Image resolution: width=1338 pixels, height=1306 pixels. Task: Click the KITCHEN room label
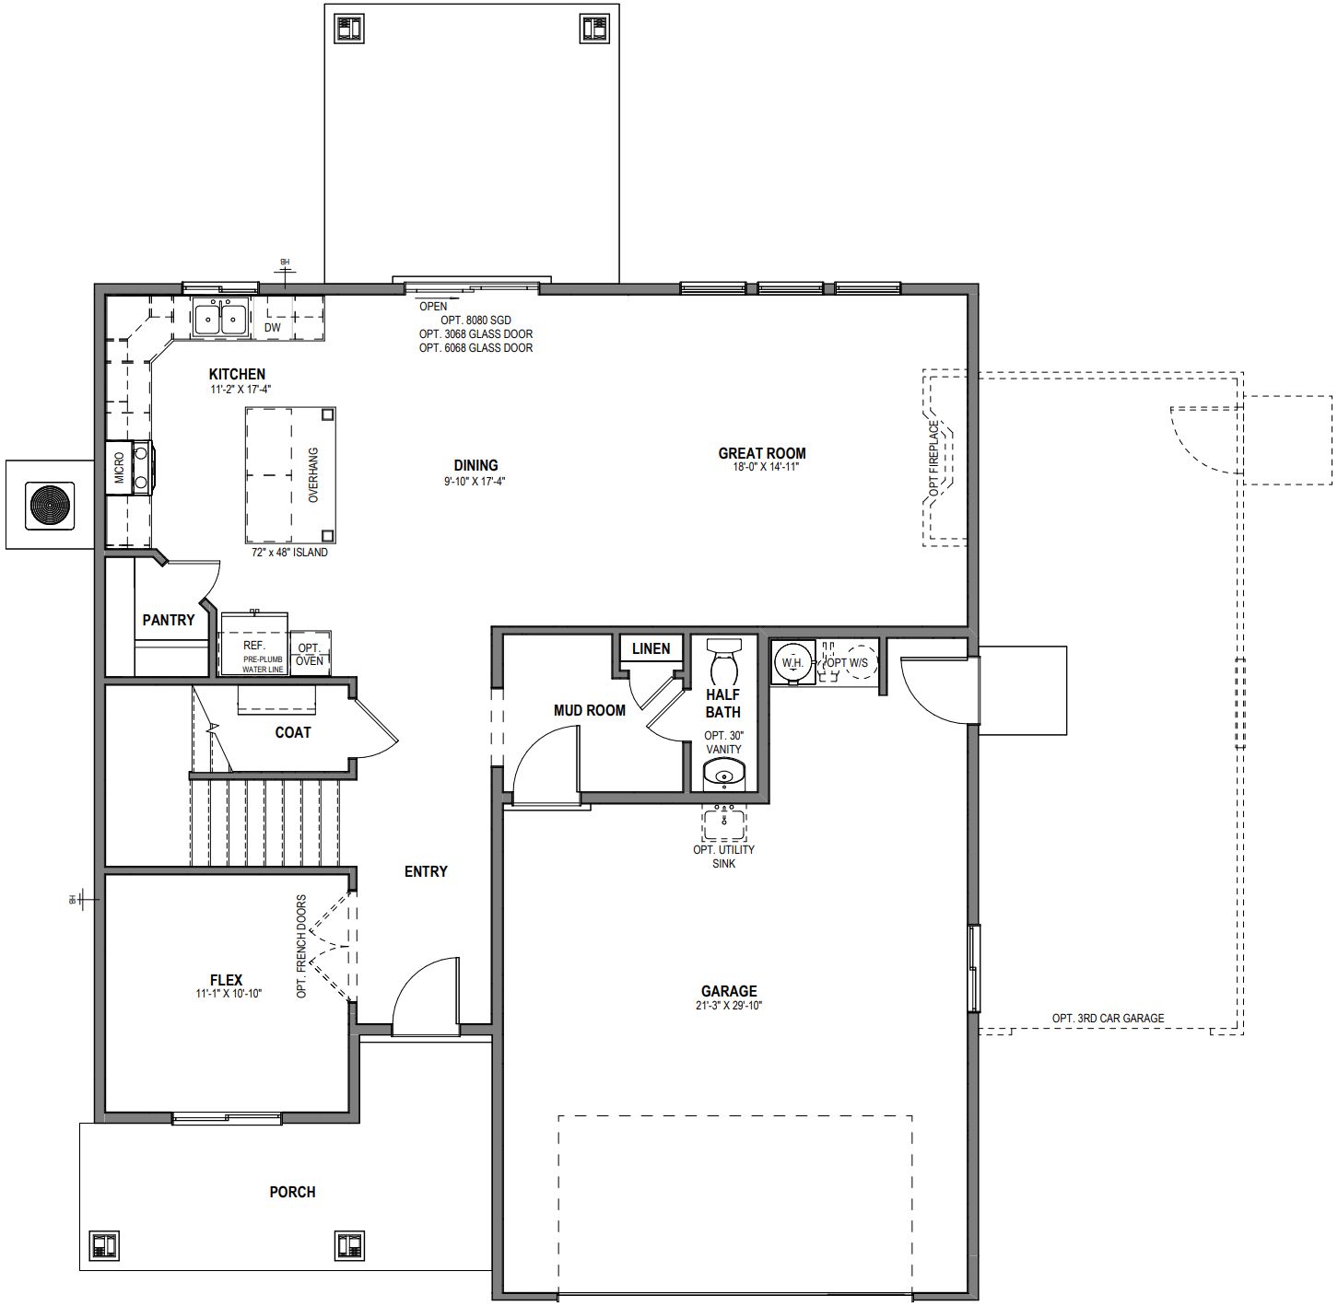click(x=237, y=374)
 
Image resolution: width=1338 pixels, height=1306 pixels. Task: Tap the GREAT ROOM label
click(x=761, y=453)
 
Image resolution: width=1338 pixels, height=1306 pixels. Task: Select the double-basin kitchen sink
click(x=220, y=319)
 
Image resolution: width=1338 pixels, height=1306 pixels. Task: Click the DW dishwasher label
click(x=273, y=327)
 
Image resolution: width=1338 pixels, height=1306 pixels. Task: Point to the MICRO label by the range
click(x=119, y=469)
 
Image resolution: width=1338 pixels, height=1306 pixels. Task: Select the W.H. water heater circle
click(x=792, y=662)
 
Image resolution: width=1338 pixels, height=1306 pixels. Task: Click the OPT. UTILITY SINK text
click(x=723, y=857)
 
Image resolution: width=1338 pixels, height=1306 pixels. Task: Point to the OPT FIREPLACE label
click(x=933, y=459)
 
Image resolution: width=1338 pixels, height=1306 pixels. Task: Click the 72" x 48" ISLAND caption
click(x=289, y=553)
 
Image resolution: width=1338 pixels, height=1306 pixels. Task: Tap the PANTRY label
click(x=169, y=620)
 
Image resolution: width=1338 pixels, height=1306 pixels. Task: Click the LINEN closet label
click(x=651, y=648)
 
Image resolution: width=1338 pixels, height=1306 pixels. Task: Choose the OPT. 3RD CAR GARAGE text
click(x=1108, y=1018)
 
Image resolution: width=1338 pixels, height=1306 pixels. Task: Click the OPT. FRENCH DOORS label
click(x=301, y=947)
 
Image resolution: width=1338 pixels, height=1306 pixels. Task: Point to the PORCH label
click(x=292, y=1192)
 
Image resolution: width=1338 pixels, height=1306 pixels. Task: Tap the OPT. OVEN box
click(x=310, y=655)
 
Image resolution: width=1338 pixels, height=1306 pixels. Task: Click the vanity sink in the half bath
click(x=723, y=776)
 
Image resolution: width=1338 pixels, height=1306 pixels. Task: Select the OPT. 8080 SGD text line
click(x=475, y=321)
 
